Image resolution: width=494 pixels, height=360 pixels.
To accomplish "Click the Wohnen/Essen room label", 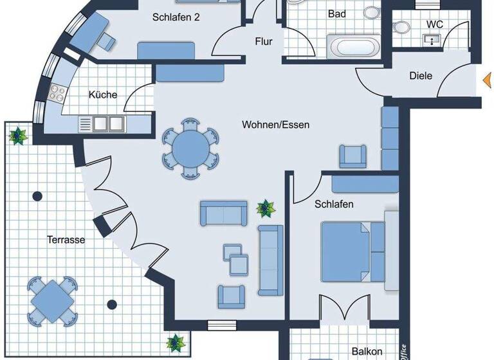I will [275, 124].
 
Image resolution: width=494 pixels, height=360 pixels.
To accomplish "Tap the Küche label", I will [103, 94].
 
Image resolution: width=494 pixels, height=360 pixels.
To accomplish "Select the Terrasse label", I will [66, 240].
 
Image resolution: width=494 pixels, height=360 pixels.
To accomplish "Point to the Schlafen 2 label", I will [176, 17].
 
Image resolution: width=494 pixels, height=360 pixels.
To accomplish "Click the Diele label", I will [421, 76].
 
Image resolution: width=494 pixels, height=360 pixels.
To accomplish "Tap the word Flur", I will [264, 42].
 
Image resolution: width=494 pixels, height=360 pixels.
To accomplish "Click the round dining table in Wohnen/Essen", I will [190, 147].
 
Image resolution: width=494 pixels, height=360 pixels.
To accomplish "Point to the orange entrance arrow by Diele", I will [487, 80].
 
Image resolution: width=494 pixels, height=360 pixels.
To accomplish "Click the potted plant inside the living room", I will [264, 208].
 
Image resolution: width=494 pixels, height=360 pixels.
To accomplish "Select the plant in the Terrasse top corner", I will [17, 135].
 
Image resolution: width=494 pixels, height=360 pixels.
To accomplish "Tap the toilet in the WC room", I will [401, 27].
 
